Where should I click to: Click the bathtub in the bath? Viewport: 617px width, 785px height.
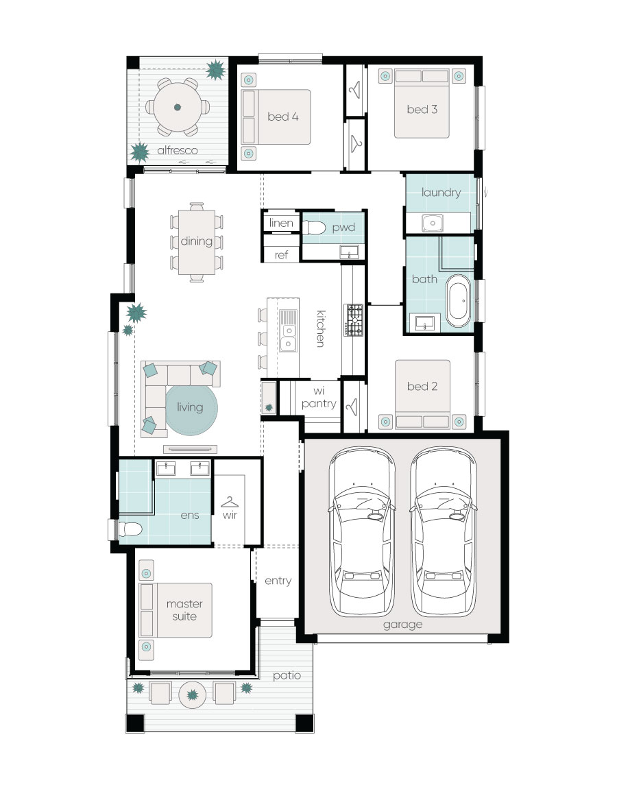coord(458,300)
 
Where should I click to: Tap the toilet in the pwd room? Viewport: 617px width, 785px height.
coord(314,228)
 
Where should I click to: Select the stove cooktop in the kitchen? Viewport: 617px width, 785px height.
coord(354,320)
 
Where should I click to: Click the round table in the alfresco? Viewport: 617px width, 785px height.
coord(178,107)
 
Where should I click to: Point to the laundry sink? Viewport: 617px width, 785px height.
coord(432,222)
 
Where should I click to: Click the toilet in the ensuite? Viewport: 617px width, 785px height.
coord(128,528)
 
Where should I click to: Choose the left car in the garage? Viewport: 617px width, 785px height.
coord(361,531)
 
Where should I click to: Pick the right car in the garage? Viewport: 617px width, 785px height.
coord(444,531)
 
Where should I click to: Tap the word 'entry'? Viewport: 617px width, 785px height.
coord(278,581)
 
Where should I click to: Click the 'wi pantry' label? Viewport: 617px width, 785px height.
coord(319,398)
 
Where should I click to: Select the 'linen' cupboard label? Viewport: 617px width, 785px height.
coord(281,223)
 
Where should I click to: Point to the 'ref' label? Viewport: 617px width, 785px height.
coord(282,255)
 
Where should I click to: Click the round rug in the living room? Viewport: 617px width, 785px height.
coord(191,409)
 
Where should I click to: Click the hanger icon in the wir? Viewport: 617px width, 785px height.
coord(230,502)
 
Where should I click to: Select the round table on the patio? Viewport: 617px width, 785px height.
coord(193,695)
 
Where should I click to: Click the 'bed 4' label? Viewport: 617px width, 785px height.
coord(283,117)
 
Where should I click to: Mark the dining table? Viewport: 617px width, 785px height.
coord(196,242)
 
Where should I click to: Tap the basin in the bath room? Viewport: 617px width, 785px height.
coord(425,324)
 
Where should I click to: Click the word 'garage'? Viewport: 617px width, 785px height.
coord(402,625)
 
